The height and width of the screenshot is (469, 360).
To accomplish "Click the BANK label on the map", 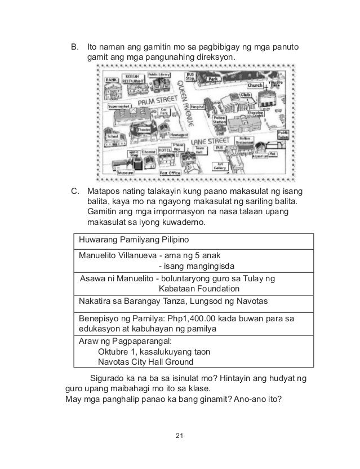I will [x=113, y=81].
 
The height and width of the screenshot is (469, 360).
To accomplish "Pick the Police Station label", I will [x=219, y=120].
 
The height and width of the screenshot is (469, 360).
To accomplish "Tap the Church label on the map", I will [x=256, y=85].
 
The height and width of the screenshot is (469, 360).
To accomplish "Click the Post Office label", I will [x=169, y=172].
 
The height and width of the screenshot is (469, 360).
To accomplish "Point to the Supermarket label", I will [x=119, y=105].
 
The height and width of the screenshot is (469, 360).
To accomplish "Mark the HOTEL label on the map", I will [x=165, y=151].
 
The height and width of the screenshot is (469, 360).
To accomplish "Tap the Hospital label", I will [x=198, y=106].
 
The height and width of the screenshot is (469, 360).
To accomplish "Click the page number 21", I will [x=180, y=436].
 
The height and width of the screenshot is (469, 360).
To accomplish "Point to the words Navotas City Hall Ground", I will [x=145, y=362].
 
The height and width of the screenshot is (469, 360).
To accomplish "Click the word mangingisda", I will [x=207, y=266].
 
